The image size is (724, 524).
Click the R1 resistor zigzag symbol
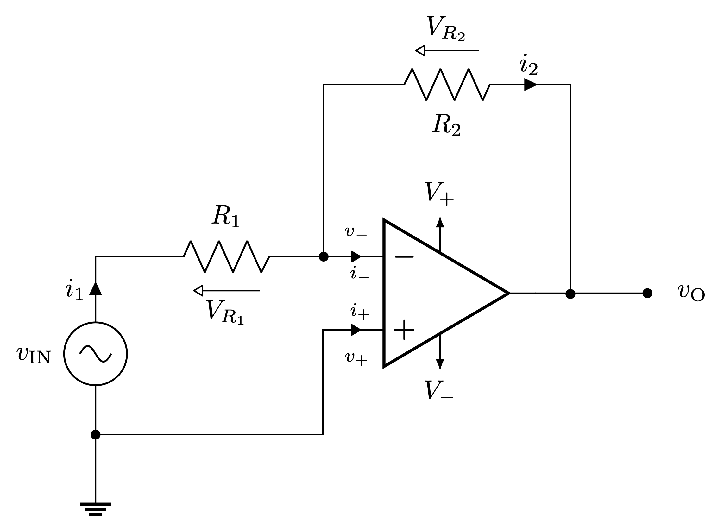[226, 256]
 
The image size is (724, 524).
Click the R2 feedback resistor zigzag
[447, 85]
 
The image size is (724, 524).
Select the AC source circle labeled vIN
[96, 354]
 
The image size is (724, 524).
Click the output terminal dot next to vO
[647, 293]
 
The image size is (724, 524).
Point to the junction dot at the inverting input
[323, 256]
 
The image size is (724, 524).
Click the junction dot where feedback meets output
[570, 294]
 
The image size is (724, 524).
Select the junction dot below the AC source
[96, 435]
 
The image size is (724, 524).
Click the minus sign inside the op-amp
[404, 256]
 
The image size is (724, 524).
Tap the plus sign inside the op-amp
[404, 330]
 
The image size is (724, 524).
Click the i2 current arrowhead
[530, 85]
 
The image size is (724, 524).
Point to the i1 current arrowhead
[96, 288]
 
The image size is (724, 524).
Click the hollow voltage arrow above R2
[447, 50]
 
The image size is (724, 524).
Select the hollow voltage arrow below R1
[226, 291]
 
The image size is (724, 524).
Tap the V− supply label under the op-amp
[438, 390]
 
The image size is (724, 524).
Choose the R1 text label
[225, 216]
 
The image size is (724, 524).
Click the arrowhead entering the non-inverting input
[356, 330]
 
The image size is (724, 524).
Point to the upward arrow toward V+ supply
[440, 222]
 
